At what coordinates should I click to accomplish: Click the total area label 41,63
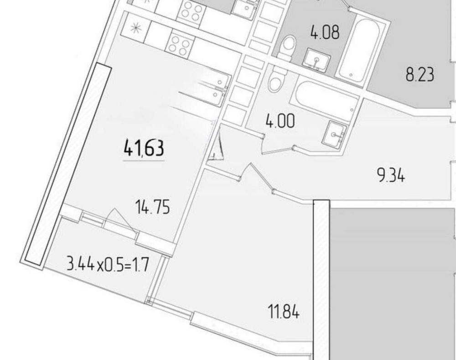144,148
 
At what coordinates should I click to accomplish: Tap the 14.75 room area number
153,207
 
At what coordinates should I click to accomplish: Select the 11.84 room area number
283,312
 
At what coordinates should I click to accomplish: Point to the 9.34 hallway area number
391,176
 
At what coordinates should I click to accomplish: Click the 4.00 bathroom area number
280,121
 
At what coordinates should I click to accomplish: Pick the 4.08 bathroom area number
325,32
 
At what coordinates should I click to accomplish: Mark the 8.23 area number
420,74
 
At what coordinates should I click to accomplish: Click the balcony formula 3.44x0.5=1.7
108,265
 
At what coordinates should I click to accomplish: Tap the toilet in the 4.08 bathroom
286,48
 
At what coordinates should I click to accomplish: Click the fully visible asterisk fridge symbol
135,28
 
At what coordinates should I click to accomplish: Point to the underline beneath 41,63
144,160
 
